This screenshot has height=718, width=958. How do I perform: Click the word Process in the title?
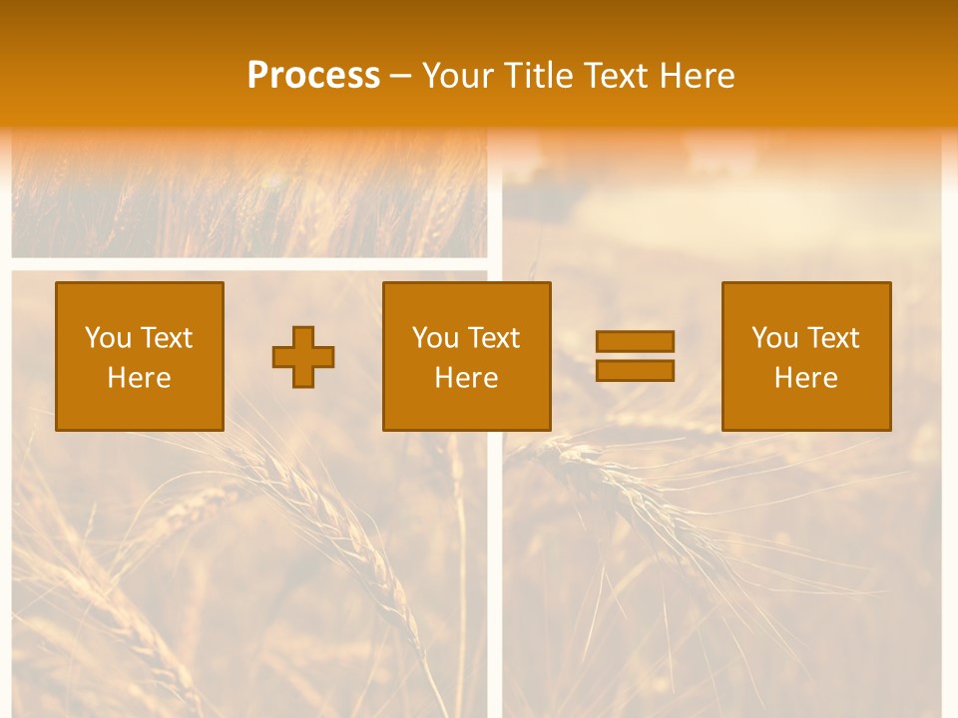(313, 76)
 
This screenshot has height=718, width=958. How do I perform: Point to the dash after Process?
(401, 77)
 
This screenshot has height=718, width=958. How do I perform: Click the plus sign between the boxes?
(303, 357)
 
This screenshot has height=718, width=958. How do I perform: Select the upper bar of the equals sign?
(635, 341)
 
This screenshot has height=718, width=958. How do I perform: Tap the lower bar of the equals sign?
(635, 371)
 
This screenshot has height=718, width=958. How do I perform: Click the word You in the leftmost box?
(108, 338)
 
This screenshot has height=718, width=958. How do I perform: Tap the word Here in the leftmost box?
(140, 378)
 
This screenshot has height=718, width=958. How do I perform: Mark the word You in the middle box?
(435, 338)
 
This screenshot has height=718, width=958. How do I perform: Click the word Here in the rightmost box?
(806, 378)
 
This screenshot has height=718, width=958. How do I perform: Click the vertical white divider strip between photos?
(495, 499)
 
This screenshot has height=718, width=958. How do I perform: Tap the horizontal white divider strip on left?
(249, 264)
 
